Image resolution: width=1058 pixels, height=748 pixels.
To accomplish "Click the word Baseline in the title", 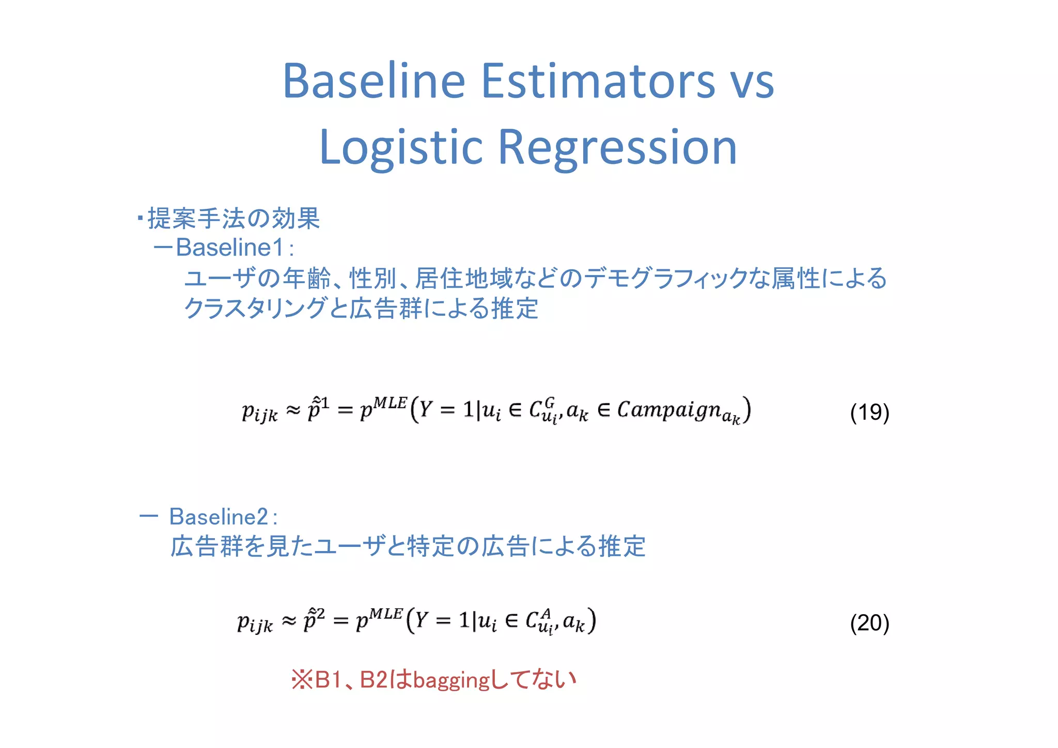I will (x=374, y=81).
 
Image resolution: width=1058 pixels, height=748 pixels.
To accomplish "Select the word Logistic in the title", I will (x=401, y=148).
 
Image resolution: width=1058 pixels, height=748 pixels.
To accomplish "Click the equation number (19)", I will (x=869, y=413).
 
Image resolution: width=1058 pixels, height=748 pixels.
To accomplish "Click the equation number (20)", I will (x=869, y=623).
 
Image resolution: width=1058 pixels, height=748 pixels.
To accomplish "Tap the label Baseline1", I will (x=230, y=248).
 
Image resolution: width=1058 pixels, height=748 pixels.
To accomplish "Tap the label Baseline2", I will (x=219, y=516).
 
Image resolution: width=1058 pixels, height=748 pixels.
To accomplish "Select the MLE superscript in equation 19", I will (x=391, y=402).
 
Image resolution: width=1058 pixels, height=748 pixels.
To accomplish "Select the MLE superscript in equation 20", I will (x=386, y=613).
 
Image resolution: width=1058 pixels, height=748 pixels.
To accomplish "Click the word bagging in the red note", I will (x=451, y=680).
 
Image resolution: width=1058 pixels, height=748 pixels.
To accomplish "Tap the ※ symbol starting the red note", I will (x=302, y=680).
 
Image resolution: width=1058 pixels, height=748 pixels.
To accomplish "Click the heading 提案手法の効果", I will (x=234, y=218).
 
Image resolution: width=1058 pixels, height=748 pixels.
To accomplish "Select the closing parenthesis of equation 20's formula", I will (x=593, y=620).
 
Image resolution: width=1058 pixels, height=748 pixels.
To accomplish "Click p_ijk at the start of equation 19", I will (x=259, y=413).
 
